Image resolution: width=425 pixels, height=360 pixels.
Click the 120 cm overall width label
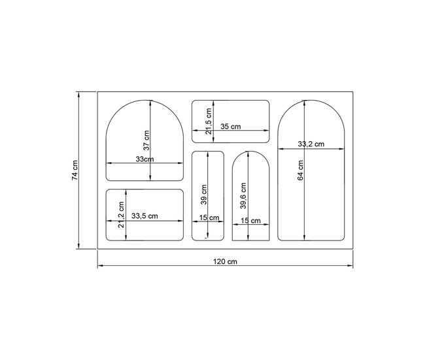tap(225, 262)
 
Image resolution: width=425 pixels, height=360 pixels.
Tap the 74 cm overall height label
tap(75, 170)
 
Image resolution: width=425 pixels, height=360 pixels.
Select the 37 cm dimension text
tap(146, 140)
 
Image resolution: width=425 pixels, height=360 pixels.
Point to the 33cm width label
tap(144, 159)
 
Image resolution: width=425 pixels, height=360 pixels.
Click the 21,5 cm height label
tap(209, 121)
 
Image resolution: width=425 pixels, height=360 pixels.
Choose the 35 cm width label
tap(230, 127)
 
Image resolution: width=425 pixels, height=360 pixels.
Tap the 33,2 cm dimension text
tap(311, 144)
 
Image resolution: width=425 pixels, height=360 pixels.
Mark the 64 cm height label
tap(300, 170)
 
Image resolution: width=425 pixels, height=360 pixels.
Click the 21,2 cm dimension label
tap(121, 214)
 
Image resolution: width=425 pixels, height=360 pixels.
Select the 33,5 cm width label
tap(144, 216)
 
